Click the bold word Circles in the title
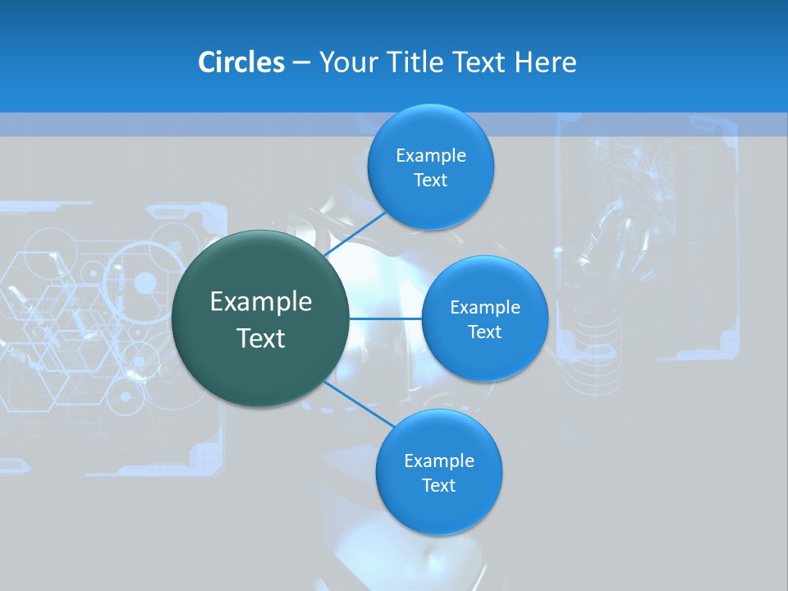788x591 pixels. [x=241, y=62]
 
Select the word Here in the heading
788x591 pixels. [x=545, y=62]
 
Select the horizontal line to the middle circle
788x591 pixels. [x=385, y=318]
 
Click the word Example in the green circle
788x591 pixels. [x=261, y=302]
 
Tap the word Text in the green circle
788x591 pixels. [x=261, y=338]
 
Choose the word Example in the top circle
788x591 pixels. [x=431, y=156]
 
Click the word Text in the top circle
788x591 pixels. [x=431, y=181]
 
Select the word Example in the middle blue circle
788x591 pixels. [x=485, y=308]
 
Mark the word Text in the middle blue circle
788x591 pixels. [x=485, y=332]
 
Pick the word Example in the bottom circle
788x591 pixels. [x=439, y=461]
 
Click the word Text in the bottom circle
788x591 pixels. [x=439, y=486]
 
